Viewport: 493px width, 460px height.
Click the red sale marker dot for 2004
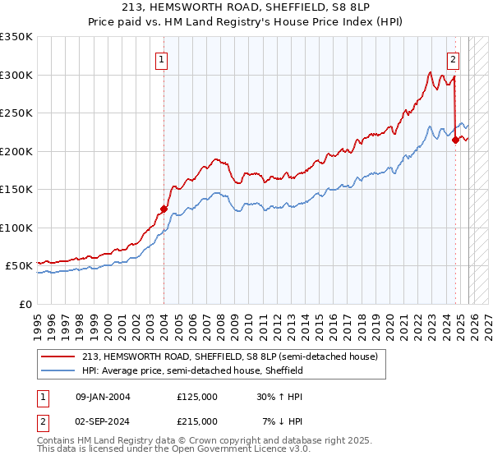pyautogui.click(x=164, y=209)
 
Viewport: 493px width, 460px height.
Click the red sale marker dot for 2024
pyautogui.click(x=455, y=140)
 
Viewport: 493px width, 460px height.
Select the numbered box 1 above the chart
pyautogui.click(x=162, y=59)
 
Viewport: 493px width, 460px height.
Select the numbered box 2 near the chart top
pyautogui.click(x=453, y=59)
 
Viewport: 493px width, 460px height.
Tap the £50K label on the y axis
pyautogui.click(x=19, y=266)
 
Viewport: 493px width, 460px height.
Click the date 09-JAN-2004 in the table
pyautogui.click(x=102, y=397)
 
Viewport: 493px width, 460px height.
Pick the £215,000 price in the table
pyautogui.click(x=197, y=421)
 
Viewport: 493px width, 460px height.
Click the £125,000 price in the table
pyautogui.click(x=197, y=397)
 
